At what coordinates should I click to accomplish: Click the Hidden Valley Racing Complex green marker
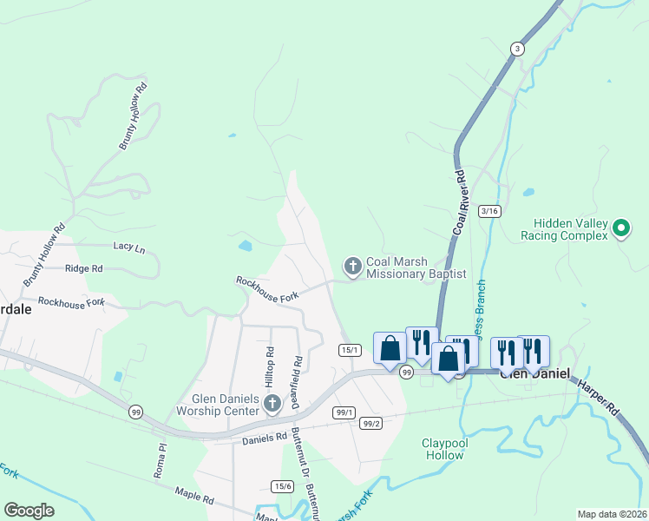[x=620, y=228]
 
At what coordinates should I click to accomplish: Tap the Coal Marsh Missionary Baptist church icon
[x=352, y=267]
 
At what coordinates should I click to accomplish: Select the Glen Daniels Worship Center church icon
[x=272, y=402]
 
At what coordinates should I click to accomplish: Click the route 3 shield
[x=517, y=49]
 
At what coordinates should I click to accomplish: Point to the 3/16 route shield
[x=489, y=211]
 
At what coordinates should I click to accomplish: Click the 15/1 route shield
[x=350, y=349]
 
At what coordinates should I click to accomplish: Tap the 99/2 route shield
[x=372, y=424]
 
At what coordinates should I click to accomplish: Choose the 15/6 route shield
[x=282, y=485]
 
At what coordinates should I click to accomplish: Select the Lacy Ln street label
[x=128, y=247]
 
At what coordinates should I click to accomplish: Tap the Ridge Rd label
[x=84, y=269]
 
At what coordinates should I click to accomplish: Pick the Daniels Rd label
[x=264, y=439]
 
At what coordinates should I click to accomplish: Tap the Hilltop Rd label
[x=271, y=365]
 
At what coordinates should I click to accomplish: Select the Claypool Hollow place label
[x=444, y=449]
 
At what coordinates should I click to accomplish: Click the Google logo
[x=29, y=511]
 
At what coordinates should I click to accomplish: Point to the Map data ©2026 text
[x=612, y=514]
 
